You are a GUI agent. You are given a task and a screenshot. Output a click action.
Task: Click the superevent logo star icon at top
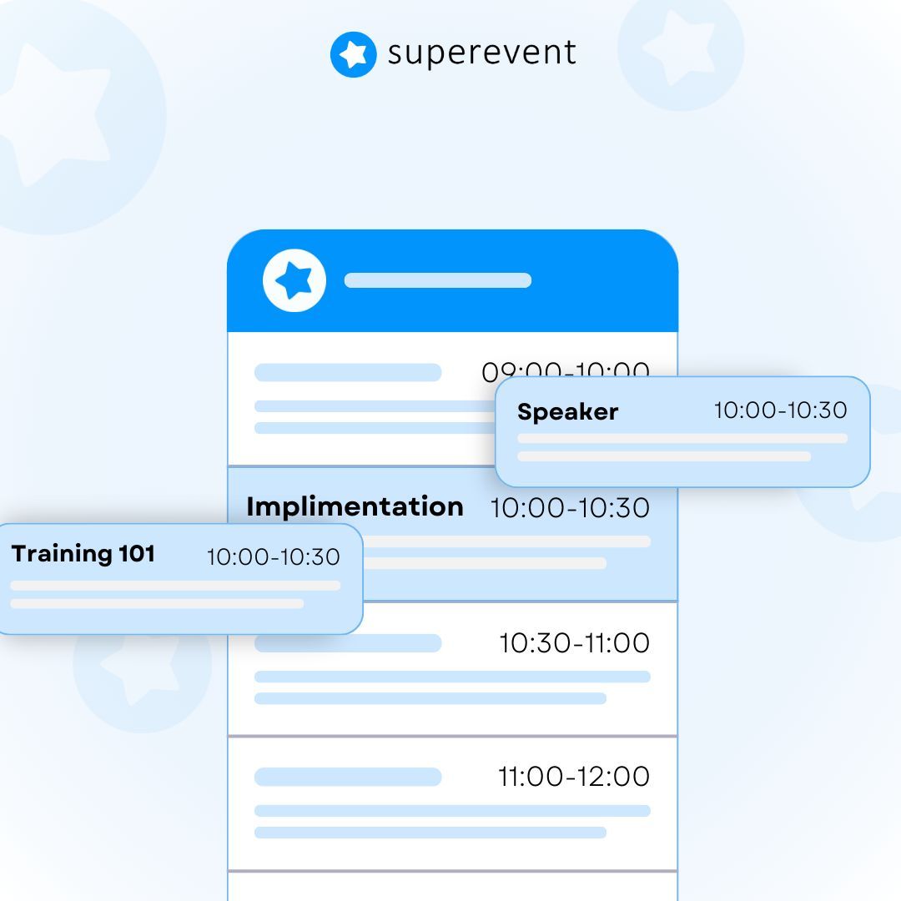click(353, 55)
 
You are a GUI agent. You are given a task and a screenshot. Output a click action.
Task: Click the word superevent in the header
click(481, 53)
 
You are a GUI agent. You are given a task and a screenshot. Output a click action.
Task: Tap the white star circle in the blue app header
click(294, 280)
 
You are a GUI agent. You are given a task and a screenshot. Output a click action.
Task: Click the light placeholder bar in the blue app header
click(438, 280)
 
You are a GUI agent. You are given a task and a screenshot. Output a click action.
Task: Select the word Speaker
click(567, 412)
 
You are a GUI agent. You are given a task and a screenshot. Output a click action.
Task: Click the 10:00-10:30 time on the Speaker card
click(780, 410)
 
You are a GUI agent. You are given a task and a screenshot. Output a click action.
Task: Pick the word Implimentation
click(355, 506)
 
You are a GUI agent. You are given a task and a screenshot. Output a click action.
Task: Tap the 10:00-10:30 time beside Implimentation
click(570, 508)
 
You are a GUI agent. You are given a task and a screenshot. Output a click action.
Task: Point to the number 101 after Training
click(137, 553)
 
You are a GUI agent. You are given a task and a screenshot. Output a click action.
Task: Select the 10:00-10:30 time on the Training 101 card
click(273, 557)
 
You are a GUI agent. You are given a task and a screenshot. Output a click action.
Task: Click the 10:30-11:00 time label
click(574, 643)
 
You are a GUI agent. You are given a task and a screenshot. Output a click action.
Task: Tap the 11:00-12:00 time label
click(573, 777)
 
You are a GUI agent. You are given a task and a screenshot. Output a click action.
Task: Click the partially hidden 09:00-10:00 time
click(566, 370)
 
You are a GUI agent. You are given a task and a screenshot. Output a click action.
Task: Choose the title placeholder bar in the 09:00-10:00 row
click(348, 373)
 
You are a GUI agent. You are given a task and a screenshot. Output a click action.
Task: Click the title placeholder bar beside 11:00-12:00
click(348, 777)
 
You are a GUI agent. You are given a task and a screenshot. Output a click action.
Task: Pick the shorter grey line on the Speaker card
click(664, 456)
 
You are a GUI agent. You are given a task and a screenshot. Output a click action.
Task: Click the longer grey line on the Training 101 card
click(175, 586)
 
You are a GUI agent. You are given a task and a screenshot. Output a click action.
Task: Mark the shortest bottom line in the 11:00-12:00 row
click(430, 833)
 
